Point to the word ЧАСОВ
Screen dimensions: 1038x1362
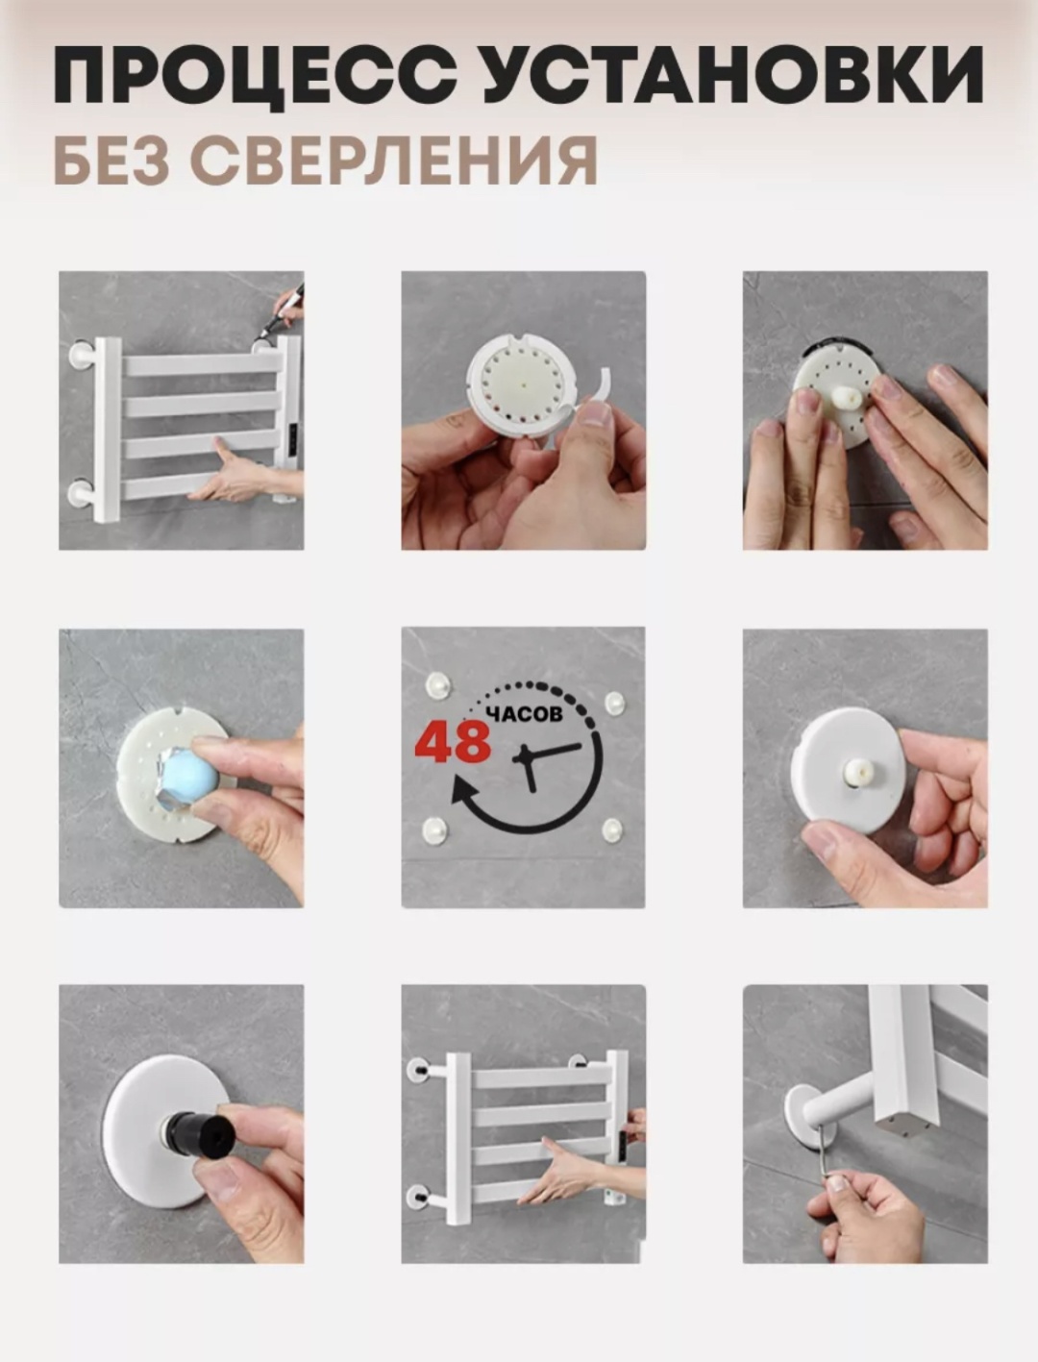pyautogui.click(x=525, y=714)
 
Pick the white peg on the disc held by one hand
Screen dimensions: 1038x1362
pyautogui.click(x=858, y=773)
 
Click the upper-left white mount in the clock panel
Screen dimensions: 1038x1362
pyautogui.click(x=438, y=686)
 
